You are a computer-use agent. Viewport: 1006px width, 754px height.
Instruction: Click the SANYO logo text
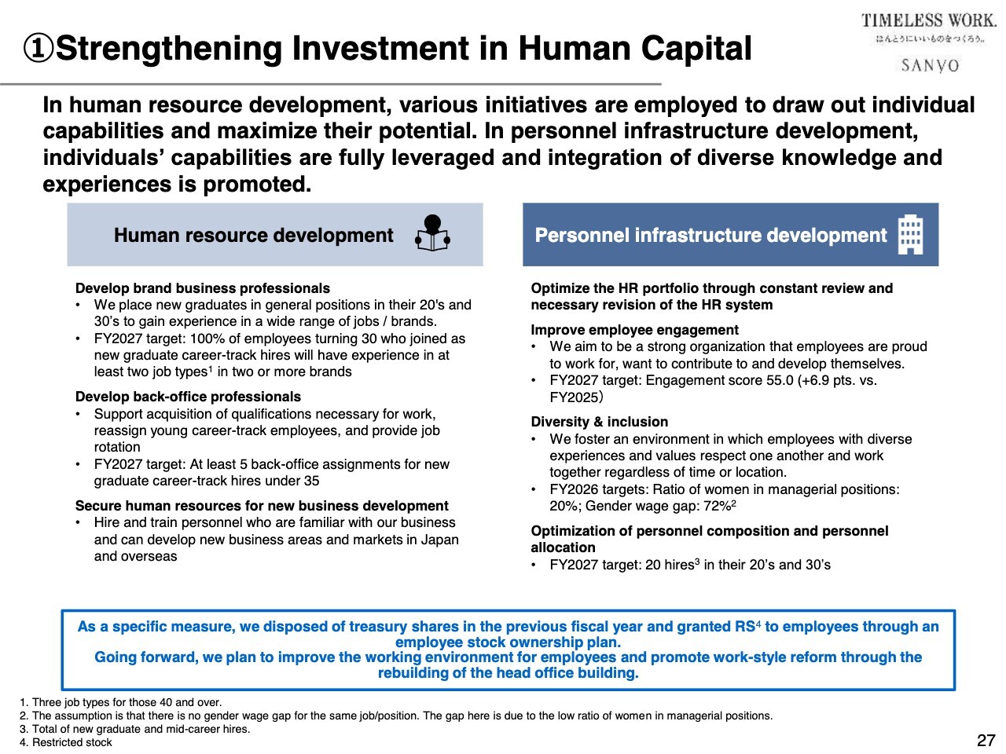click(930, 65)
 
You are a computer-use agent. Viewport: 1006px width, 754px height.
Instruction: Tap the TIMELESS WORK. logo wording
click(928, 21)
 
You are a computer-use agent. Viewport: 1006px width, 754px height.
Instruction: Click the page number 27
click(986, 740)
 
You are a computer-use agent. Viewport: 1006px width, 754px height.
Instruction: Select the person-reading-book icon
click(432, 233)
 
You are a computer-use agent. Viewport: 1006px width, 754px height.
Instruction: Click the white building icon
click(910, 234)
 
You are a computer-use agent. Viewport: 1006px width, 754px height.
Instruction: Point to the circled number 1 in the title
click(39, 49)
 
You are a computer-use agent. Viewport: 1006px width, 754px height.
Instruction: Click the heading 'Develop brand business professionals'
click(203, 288)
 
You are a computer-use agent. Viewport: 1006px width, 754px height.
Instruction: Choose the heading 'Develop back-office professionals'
click(188, 397)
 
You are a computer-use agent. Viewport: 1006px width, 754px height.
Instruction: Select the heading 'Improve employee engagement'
click(634, 330)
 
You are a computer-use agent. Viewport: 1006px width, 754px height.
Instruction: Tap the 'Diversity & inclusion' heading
click(599, 422)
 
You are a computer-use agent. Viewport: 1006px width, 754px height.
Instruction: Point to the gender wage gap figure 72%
click(716, 506)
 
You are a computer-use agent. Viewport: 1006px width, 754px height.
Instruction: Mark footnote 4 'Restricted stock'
click(66, 742)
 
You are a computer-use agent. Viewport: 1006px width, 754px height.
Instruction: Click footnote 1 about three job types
click(120, 702)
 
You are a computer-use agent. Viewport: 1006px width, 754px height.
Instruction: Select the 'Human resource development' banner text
click(253, 235)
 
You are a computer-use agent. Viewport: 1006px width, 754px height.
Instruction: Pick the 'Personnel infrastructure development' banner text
click(710, 235)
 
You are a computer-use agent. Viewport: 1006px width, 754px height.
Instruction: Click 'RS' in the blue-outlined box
click(744, 627)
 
